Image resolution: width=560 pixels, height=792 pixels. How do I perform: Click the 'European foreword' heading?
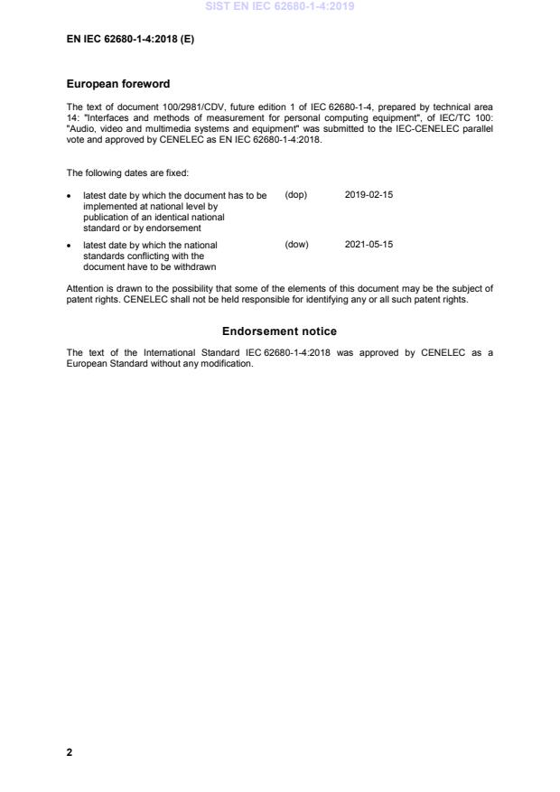click(x=118, y=84)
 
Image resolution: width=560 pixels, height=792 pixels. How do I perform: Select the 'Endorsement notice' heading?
click(x=279, y=331)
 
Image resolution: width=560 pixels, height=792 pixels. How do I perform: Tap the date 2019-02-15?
click(x=369, y=195)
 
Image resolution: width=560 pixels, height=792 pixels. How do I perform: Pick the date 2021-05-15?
click(x=369, y=244)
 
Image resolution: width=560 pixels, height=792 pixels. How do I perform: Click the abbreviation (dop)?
click(x=296, y=195)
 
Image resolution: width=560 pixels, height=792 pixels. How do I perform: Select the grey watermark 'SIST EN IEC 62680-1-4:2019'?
click(x=280, y=6)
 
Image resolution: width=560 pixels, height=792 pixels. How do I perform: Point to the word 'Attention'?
click(x=86, y=289)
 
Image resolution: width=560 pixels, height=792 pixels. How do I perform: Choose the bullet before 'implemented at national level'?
click(x=70, y=195)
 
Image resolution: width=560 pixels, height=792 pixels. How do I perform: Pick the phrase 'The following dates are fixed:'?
click(x=127, y=172)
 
